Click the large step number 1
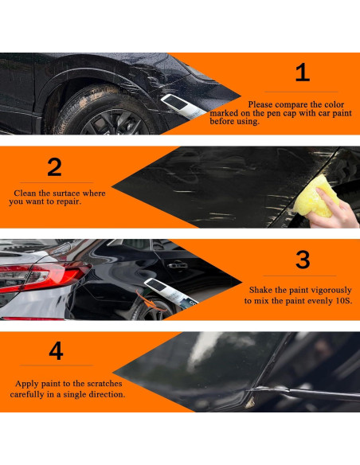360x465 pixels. pos(303,73)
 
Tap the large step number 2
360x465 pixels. pos(55,167)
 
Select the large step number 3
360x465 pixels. pos(303,260)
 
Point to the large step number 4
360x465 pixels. pos(56,350)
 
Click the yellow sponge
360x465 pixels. pos(315,196)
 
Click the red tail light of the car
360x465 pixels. pos(45,275)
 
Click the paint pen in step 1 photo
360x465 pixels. pos(183,106)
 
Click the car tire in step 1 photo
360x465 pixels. pos(104,111)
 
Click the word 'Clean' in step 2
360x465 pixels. pos(25,193)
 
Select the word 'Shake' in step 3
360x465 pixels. pos(261,290)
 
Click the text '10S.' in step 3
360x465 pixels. pos(344,301)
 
